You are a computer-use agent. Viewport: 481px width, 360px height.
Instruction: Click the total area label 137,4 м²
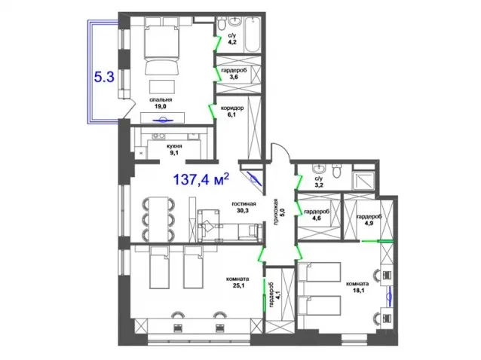(201, 178)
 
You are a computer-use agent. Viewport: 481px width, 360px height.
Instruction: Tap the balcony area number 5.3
(104, 77)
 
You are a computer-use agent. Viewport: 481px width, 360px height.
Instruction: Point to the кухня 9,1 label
(174, 150)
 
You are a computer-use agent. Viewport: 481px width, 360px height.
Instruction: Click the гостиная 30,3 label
(243, 207)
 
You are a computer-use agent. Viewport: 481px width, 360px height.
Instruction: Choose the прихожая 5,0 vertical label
(279, 212)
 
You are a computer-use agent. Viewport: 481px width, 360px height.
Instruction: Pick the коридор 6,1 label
(232, 111)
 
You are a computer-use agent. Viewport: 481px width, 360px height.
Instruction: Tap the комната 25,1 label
(237, 282)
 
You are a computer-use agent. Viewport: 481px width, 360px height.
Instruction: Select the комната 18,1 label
(357, 287)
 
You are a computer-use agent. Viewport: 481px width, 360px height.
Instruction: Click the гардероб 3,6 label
(234, 74)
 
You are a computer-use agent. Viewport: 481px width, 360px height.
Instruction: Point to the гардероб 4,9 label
(369, 220)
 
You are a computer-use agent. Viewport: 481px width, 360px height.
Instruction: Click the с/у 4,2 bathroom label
(232, 39)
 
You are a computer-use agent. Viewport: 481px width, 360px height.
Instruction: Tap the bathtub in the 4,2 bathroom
(253, 35)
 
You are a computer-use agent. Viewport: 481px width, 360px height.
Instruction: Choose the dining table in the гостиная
(158, 218)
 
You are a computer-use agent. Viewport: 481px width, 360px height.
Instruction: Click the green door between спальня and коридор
(213, 111)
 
